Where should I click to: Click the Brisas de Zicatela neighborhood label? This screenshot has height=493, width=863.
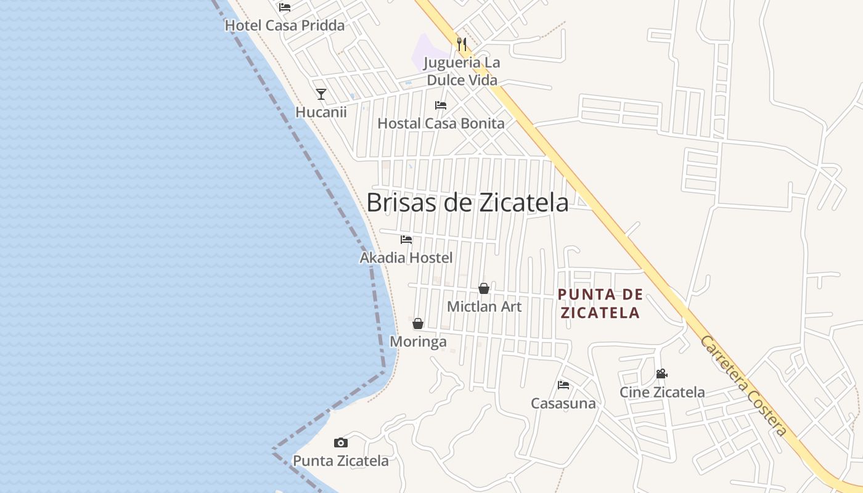467,202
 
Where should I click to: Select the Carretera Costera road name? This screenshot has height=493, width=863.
743,386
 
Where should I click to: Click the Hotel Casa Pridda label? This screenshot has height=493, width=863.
284,25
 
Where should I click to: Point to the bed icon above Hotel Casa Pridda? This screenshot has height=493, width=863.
284,7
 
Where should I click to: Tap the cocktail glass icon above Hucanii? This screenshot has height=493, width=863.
321,94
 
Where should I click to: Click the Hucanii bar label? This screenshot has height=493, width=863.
321,112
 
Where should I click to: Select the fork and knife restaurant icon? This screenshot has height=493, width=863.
462,44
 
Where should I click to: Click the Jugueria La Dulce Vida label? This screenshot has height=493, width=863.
462,71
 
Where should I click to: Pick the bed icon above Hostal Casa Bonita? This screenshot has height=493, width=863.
441,105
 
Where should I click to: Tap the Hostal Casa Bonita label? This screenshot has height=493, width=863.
441,123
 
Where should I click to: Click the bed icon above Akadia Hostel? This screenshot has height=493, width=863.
406,240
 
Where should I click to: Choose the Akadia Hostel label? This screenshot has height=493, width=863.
406,258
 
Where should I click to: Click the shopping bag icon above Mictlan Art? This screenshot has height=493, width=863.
484,288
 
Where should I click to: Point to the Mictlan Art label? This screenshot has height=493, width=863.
484,306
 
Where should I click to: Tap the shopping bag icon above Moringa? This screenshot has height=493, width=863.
418,324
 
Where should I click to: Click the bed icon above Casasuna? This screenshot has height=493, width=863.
563,385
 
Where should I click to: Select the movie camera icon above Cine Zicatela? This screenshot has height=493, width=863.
662,374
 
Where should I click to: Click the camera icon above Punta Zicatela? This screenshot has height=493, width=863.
341,442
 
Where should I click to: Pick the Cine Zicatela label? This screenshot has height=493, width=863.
662,392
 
